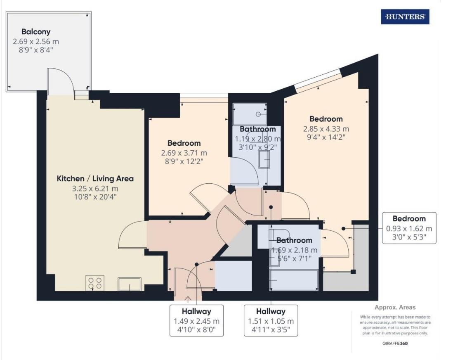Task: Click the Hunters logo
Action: click(x=405, y=17)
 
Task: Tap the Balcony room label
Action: click(x=36, y=32)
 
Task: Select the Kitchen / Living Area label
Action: click(x=95, y=179)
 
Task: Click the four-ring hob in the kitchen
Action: click(x=94, y=283)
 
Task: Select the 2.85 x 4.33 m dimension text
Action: click(x=326, y=129)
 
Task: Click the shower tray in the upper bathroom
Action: click(x=250, y=113)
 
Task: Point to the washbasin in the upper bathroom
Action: click(x=264, y=159)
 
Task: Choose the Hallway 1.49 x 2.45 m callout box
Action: click(x=196, y=320)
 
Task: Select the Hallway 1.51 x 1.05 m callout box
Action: click(x=271, y=320)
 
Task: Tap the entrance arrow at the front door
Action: click(x=188, y=299)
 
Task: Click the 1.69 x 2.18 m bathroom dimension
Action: click(x=294, y=250)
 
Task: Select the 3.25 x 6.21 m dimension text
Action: click(x=95, y=189)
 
